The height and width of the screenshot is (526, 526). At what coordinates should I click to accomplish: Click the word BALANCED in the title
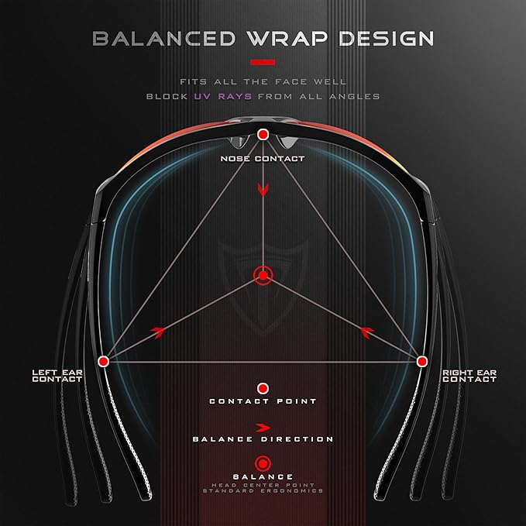point(164,38)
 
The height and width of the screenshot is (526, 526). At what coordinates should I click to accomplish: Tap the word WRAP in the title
point(287,38)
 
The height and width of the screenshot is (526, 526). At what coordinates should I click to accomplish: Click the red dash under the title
point(263,62)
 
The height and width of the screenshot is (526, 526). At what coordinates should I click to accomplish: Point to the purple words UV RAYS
point(223,97)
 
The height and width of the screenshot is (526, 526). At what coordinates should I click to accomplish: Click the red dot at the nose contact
point(263,135)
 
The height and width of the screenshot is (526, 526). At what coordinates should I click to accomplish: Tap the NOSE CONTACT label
point(263,159)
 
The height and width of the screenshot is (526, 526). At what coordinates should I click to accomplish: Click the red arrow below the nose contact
point(263,190)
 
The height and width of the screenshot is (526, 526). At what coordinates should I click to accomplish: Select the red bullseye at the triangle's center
point(263,276)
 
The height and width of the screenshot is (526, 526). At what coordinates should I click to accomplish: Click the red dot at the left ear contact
point(103,361)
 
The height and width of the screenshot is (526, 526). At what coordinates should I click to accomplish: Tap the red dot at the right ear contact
point(421,361)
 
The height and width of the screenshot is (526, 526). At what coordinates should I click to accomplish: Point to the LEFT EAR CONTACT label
point(57,376)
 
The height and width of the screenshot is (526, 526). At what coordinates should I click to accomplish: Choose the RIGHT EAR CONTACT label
point(469,376)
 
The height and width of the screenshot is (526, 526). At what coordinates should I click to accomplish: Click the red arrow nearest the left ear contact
point(158,332)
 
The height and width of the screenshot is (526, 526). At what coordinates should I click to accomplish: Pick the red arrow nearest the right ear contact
point(367,332)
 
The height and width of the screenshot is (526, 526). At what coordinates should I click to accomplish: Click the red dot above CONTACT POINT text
point(263,388)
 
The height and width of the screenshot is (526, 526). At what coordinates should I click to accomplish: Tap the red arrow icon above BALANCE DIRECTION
point(263,428)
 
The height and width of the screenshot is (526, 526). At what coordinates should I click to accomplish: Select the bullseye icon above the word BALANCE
point(263,464)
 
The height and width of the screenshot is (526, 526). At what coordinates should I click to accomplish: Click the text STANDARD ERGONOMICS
point(263,491)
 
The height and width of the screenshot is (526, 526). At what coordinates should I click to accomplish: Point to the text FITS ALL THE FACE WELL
point(263,82)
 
